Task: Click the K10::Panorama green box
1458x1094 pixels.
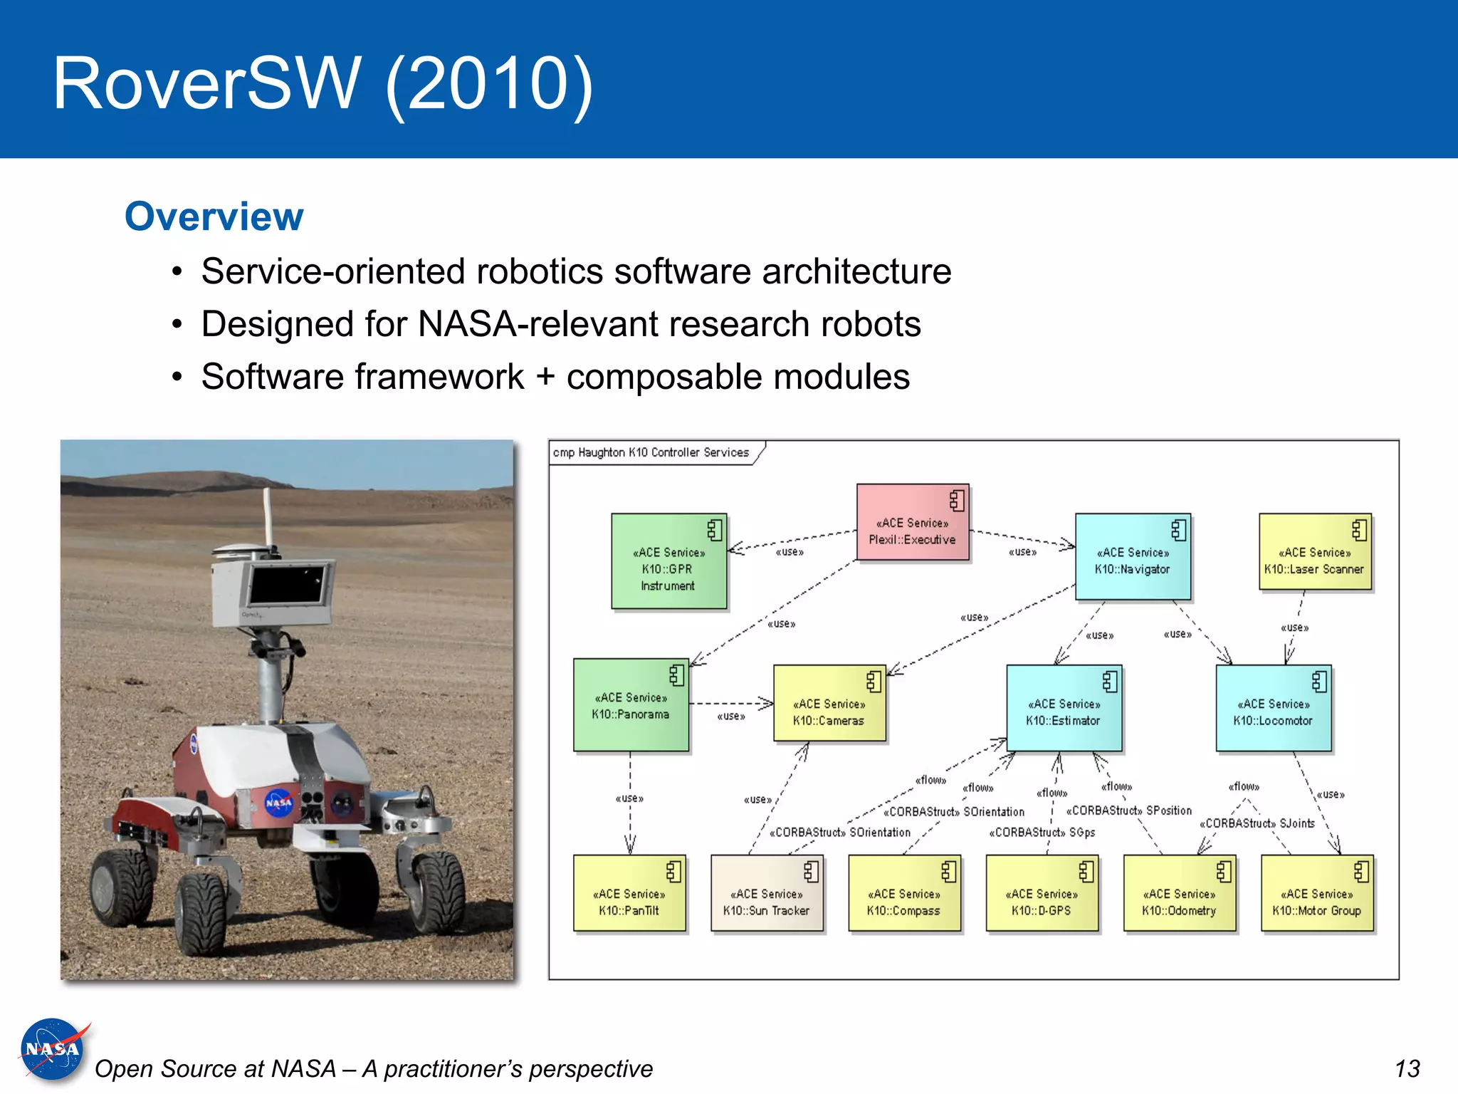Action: pos(631,705)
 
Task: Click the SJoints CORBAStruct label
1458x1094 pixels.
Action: pos(1257,823)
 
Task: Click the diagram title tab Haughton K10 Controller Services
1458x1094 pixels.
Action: pos(651,452)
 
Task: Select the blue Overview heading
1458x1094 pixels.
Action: pos(214,217)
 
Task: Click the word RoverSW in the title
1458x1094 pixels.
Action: pos(206,83)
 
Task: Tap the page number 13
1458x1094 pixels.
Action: pos(1407,1068)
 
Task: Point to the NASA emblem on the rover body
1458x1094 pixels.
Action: pos(278,803)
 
